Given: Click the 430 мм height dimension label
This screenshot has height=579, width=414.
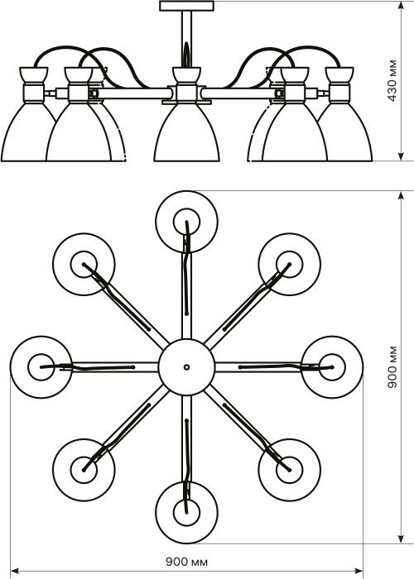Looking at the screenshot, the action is [x=392, y=80].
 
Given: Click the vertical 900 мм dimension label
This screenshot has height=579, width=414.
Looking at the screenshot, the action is [x=392, y=367].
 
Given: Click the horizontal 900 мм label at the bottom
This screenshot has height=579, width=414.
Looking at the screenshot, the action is [x=186, y=562].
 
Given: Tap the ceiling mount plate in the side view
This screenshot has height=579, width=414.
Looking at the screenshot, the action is [x=186, y=6].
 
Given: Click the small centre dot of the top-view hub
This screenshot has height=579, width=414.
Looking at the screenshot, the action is [x=186, y=367].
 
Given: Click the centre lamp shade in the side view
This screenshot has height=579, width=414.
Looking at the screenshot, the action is [x=186, y=133].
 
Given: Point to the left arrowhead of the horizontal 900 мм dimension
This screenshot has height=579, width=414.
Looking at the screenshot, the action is [x=15, y=572].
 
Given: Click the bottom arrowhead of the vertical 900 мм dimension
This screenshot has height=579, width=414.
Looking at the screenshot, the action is [x=401, y=538].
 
